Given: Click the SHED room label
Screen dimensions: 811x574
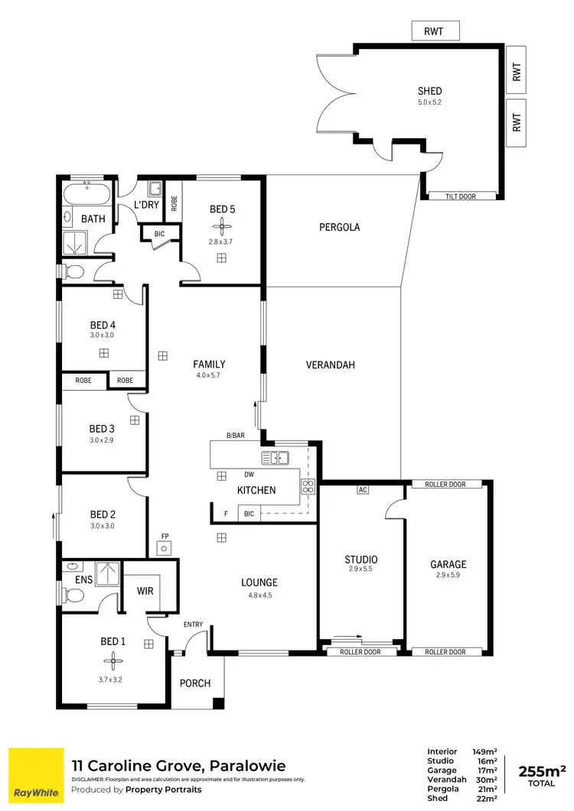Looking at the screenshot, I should tap(429, 91).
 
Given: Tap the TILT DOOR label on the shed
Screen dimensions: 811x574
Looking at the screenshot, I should tap(461, 196).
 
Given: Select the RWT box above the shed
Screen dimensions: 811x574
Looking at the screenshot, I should tap(437, 31).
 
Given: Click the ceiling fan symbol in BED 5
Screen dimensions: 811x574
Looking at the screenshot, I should tap(221, 226).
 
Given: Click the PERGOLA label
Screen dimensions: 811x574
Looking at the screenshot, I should tap(339, 227).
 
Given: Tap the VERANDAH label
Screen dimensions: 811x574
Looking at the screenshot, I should tap(331, 365).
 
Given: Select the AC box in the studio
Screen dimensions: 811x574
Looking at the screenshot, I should tap(363, 490).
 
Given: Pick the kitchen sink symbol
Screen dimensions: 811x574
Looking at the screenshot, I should tap(274, 459).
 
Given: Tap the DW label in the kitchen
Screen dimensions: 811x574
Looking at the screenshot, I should tap(249, 475).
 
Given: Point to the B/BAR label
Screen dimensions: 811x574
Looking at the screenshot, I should tap(235, 436).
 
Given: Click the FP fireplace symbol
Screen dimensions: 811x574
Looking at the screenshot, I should tap(164, 547).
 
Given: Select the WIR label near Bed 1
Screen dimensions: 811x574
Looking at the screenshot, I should tap(145, 591).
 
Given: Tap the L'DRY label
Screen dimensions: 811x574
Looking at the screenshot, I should tap(145, 206).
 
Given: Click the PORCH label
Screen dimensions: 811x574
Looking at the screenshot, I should tap(195, 683).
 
